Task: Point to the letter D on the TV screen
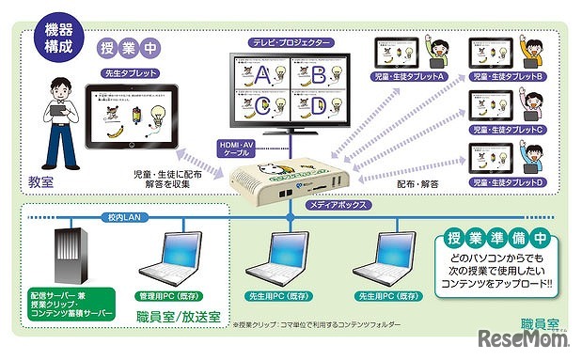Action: click(x=318, y=106)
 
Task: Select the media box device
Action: click(x=289, y=178)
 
